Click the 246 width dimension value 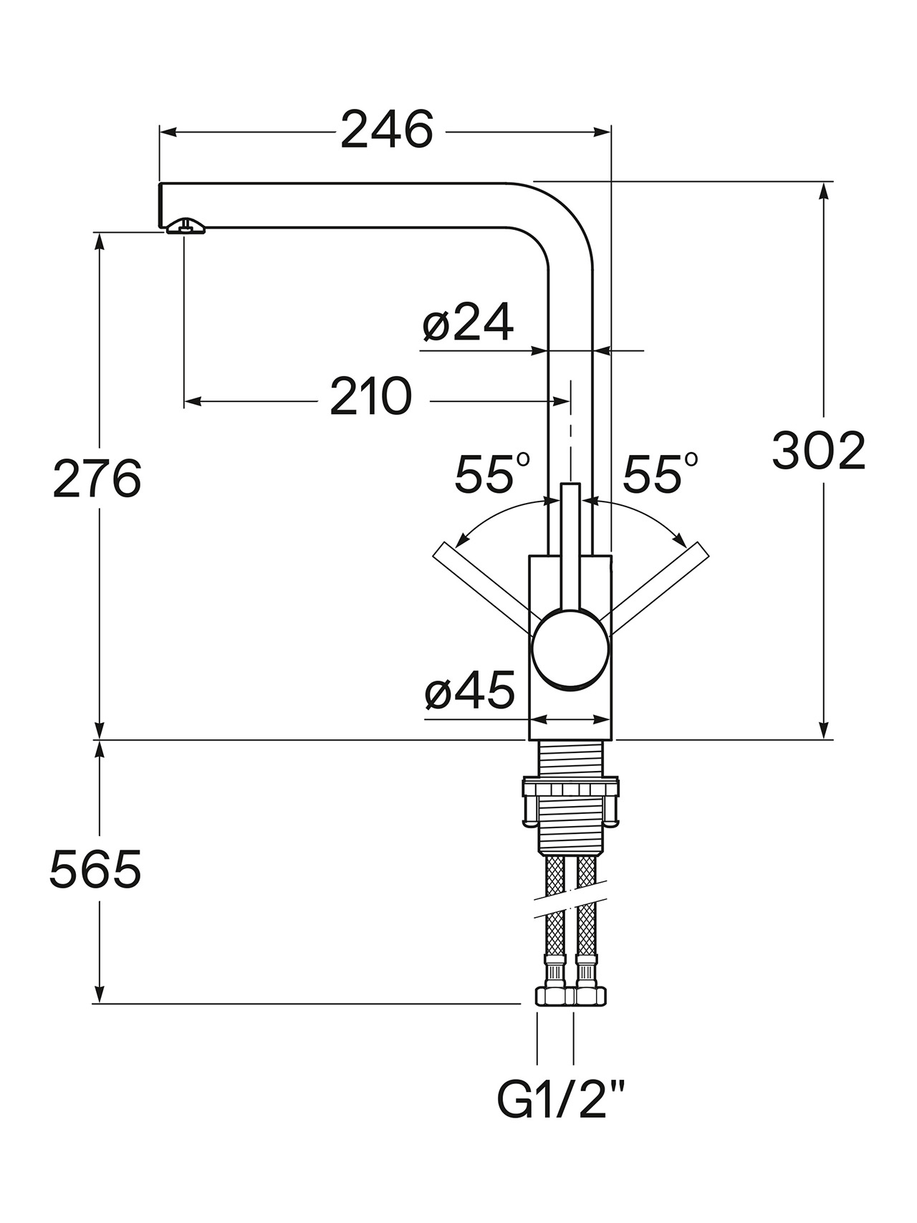pos(387,130)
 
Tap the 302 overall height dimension pos(819,451)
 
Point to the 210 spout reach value pos(371,396)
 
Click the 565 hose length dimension pos(95,870)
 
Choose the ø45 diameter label pos(469,691)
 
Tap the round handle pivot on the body pos(570,649)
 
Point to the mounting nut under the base pos(571,802)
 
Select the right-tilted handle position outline pos(656,587)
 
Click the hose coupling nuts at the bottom pos(571,996)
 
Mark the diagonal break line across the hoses pos(571,904)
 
